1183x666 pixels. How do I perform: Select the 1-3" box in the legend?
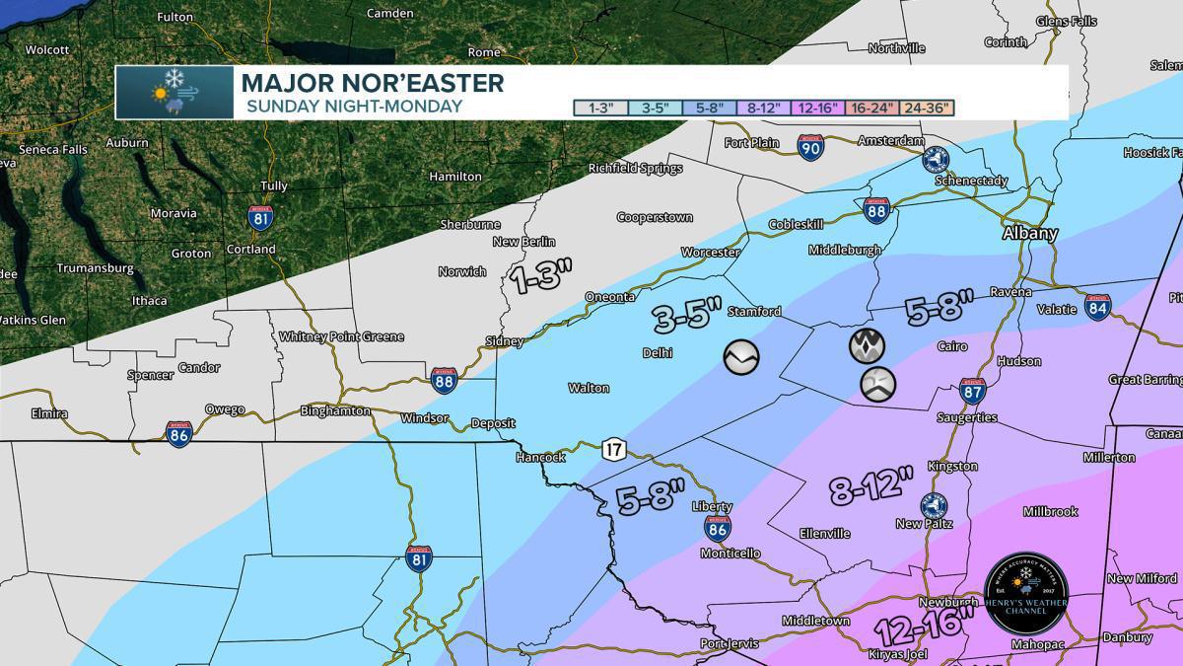[601, 108]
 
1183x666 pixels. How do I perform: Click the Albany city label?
[1029, 234]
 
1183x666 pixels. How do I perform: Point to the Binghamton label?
[336, 410]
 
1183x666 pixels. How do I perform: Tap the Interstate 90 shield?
[810, 147]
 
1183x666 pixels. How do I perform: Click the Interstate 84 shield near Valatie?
[1098, 307]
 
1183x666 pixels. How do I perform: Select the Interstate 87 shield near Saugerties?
[972, 392]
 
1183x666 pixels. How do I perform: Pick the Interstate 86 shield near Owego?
[178, 433]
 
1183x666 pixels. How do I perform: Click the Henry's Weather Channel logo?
[1026, 594]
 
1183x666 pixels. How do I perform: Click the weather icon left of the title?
[174, 93]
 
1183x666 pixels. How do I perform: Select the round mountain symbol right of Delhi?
[741, 357]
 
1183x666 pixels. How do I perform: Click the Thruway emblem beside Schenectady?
[935, 159]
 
